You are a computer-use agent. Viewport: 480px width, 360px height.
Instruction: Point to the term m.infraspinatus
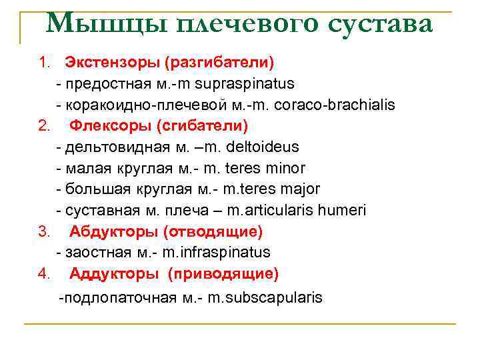pyautogui.click(x=216, y=252)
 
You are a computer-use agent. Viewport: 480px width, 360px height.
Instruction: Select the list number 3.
pyautogui.click(x=44, y=231)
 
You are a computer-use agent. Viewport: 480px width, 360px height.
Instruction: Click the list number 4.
pyautogui.click(x=44, y=273)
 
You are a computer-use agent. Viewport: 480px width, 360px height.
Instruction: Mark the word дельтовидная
pyautogui.click(x=109, y=147)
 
